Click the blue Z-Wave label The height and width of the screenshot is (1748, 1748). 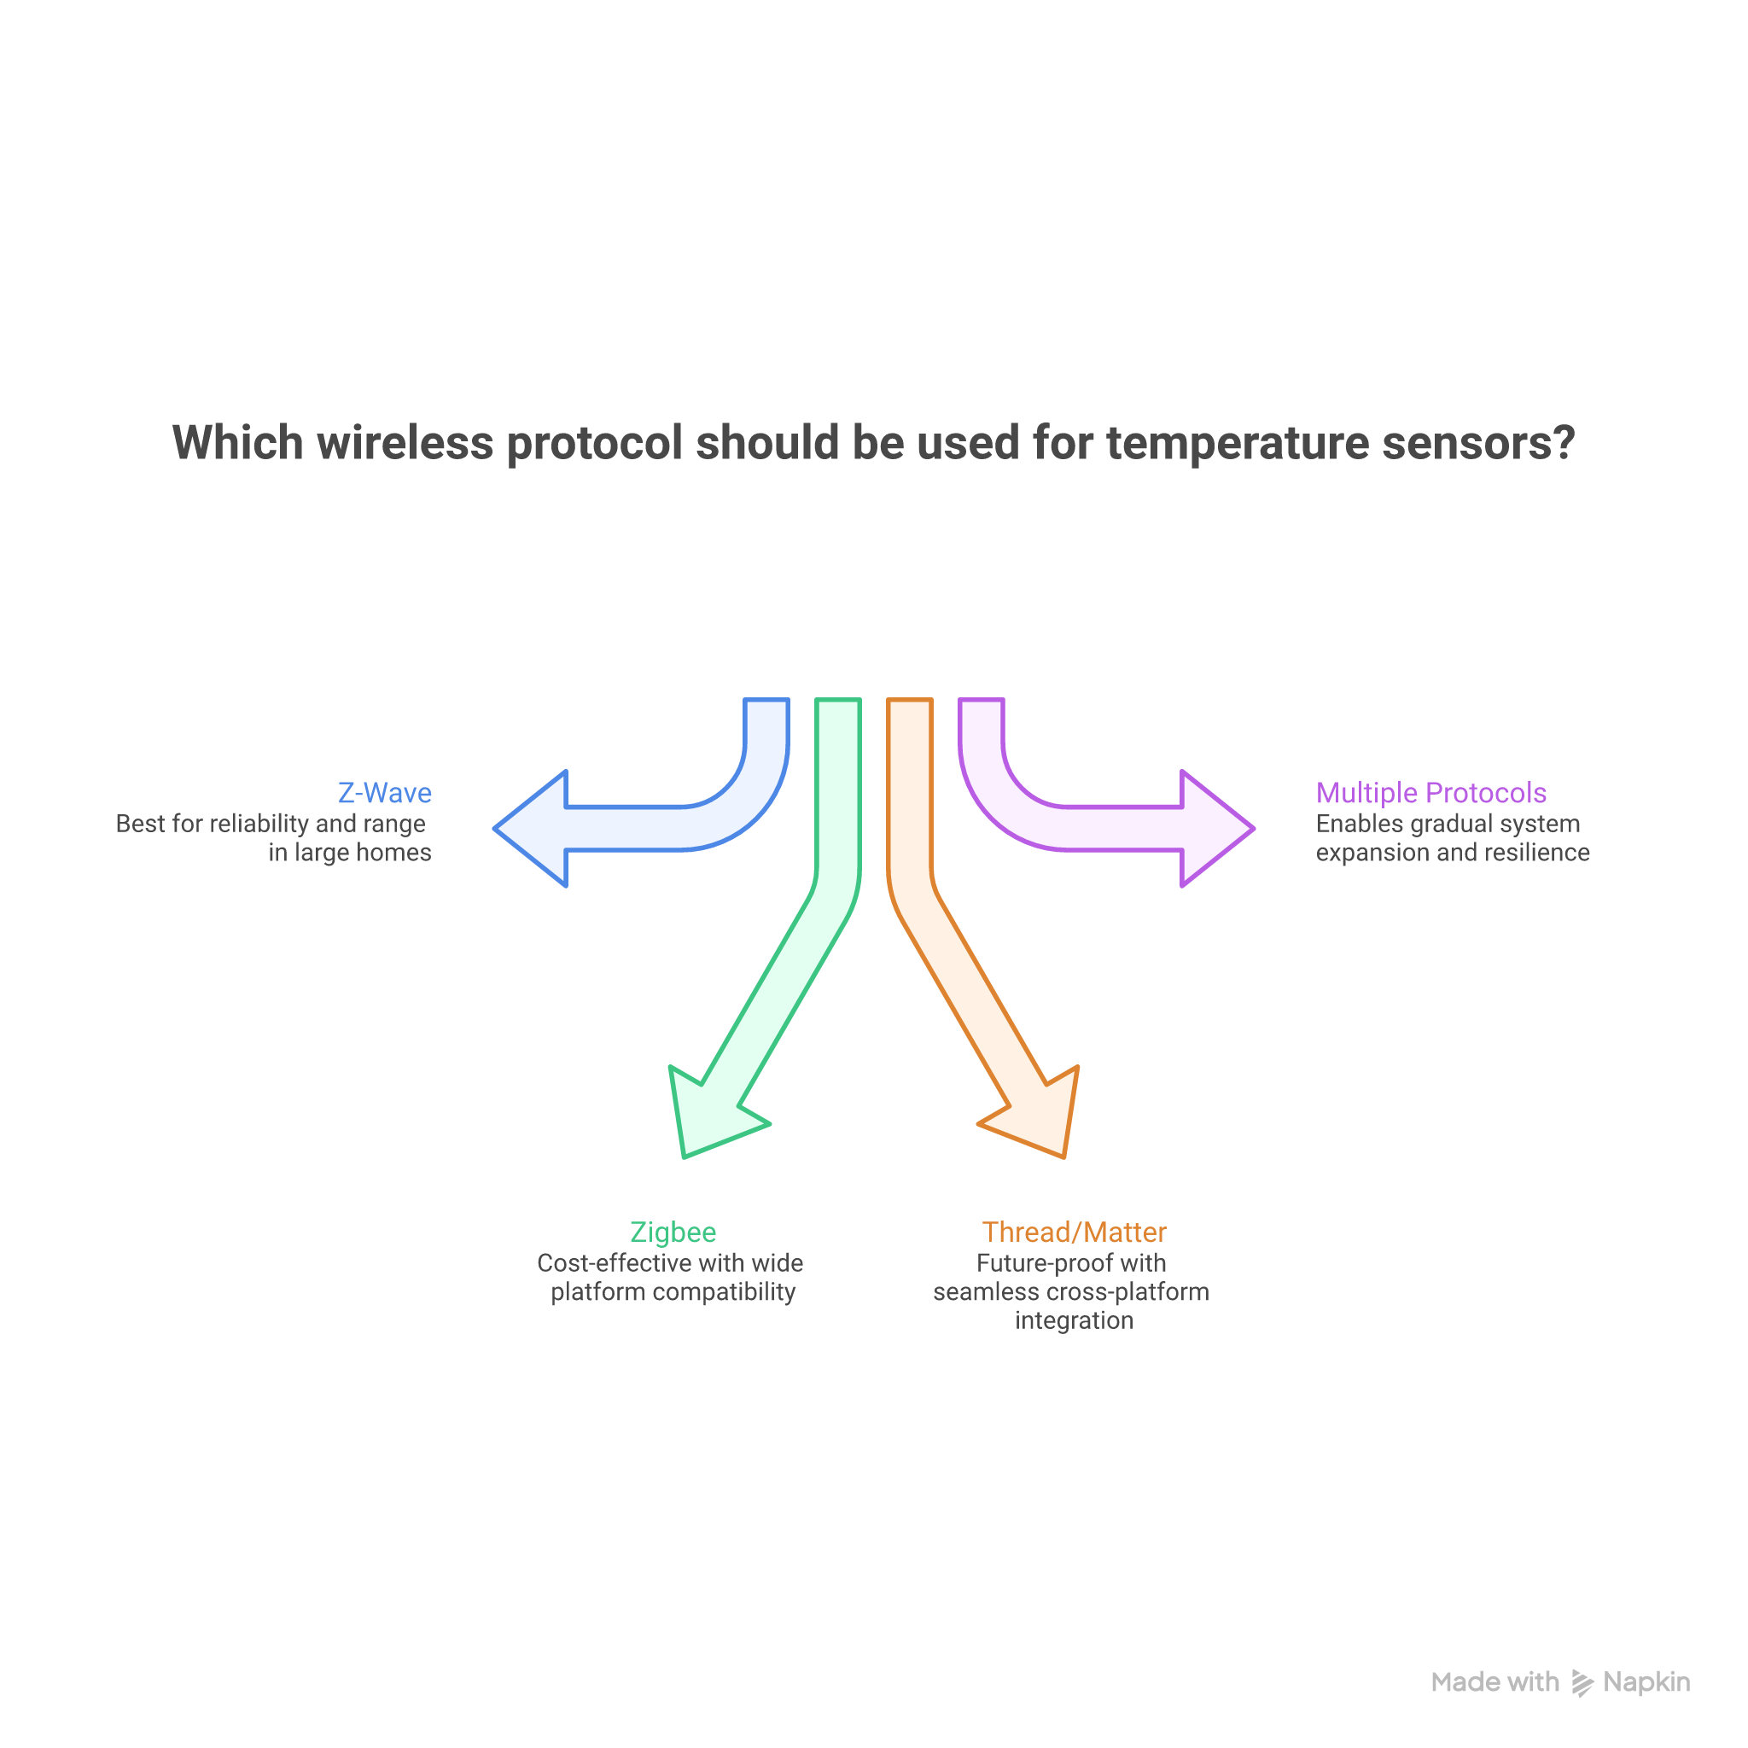[385, 793]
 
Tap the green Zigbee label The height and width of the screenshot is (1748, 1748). [673, 1232]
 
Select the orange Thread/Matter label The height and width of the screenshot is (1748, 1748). [1074, 1232]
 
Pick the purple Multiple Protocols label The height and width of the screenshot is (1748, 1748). [1430, 793]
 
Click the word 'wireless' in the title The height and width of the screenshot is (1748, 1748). [405, 443]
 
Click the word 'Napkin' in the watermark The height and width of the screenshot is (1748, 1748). [1646, 1682]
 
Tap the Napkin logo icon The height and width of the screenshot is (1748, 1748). [1582, 1683]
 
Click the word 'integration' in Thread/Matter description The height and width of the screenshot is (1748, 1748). [1074, 1320]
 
